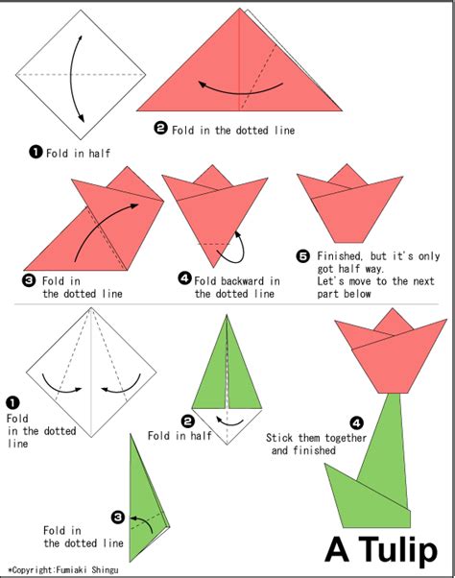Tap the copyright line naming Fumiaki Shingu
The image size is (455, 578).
pyautogui.click(x=65, y=570)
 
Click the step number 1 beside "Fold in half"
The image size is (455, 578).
pyautogui.click(x=36, y=151)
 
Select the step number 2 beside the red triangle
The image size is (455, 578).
pyautogui.click(x=160, y=128)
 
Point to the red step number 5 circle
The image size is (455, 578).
pyautogui.click(x=303, y=255)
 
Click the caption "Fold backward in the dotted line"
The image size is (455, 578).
pyautogui.click(x=236, y=287)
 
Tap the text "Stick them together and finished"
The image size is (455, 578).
pyautogui.click(x=305, y=444)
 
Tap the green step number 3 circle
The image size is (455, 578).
pyautogui.click(x=118, y=517)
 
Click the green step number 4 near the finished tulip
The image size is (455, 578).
pyautogui.click(x=356, y=421)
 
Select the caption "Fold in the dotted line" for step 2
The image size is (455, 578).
pyautogui.click(x=233, y=130)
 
